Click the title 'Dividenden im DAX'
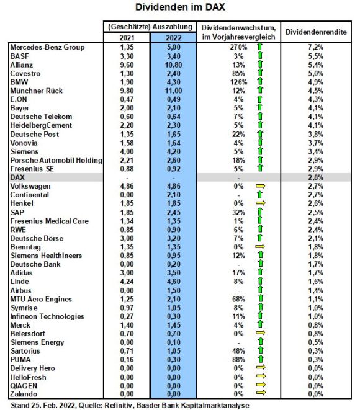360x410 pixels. (x=180, y=7)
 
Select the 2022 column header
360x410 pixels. (x=173, y=38)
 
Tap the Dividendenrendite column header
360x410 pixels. (x=316, y=32)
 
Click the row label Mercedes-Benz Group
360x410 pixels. (x=47, y=47)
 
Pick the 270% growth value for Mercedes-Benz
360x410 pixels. (x=238, y=47)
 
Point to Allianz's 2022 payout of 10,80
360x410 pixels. (x=173, y=65)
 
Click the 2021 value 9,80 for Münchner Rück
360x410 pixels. (x=127, y=91)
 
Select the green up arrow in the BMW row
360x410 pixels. (x=260, y=81)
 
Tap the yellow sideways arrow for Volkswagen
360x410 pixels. (x=260, y=186)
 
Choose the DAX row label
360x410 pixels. (x=17, y=177)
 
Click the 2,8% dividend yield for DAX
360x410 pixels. (x=315, y=177)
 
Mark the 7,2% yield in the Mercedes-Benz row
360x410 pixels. (x=315, y=47)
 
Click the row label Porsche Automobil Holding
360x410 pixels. (x=56, y=160)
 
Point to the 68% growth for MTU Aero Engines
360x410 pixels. (x=238, y=299)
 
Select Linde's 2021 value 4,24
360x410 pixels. (x=127, y=282)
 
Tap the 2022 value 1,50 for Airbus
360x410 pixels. (x=173, y=290)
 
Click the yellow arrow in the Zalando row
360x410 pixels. (x=261, y=392)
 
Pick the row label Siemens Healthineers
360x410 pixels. (x=46, y=256)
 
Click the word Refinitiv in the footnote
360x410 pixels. (x=120, y=405)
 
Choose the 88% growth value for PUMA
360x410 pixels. (x=238, y=360)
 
